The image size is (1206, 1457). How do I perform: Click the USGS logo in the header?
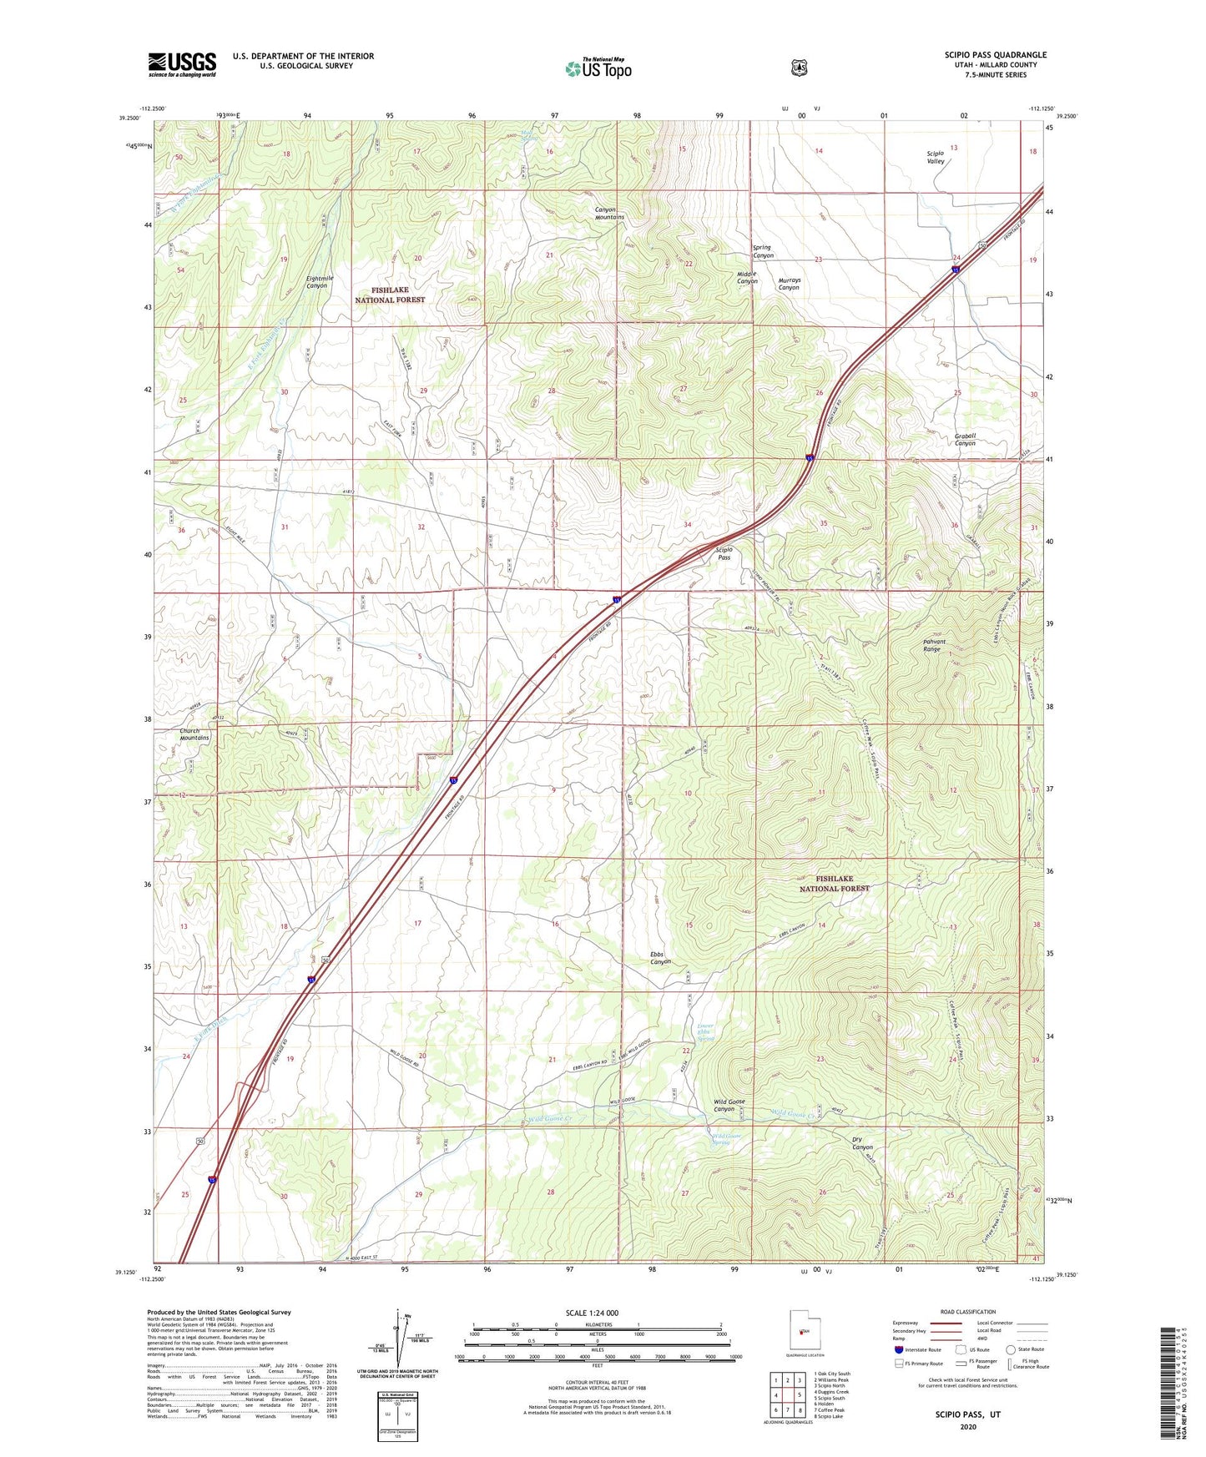[x=182, y=64]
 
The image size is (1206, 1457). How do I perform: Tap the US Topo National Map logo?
[x=598, y=68]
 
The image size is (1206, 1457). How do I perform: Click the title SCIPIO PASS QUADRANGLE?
[x=995, y=55]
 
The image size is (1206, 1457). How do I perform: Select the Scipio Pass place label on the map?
[x=724, y=553]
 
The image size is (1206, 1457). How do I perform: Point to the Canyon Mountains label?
[x=608, y=213]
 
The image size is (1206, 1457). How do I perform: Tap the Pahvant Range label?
[x=931, y=645]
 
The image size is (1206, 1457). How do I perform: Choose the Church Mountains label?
[x=194, y=734]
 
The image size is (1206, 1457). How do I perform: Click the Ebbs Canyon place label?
[x=660, y=957]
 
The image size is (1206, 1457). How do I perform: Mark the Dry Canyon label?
[x=862, y=1142]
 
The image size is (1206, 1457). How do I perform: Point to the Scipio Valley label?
[x=936, y=157]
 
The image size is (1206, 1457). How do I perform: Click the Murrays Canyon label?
[x=789, y=284]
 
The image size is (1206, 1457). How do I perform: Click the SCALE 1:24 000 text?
[x=592, y=1313]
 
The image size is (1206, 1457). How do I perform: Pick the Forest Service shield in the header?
[x=799, y=68]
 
